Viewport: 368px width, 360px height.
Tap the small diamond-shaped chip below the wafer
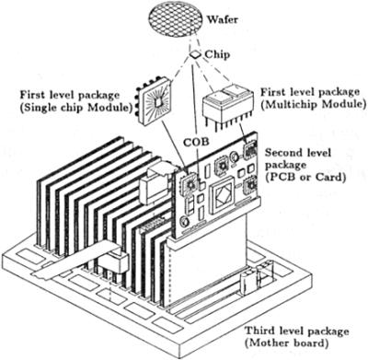pyautogui.click(x=195, y=56)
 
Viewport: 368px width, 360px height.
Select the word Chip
pyautogui.click(x=220, y=54)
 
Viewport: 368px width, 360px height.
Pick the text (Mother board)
pyautogui.click(x=291, y=343)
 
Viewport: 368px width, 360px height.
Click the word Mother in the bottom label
pyautogui.click(x=275, y=343)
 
